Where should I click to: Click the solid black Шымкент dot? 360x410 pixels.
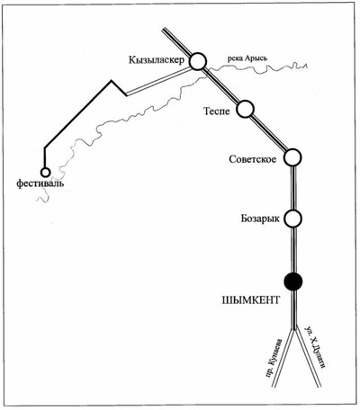(x=293, y=281)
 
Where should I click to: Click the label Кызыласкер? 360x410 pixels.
(x=157, y=60)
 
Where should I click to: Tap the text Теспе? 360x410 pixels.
(x=217, y=111)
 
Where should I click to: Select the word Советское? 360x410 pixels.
(x=253, y=159)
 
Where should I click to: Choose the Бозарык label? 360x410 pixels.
(x=260, y=218)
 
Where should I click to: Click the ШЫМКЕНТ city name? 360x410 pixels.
(x=251, y=300)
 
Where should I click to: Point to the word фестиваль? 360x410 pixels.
(x=40, y=183)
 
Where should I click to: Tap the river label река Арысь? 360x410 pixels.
(x=247, y=58)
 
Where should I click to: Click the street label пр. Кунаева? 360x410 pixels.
(x=275, y=358)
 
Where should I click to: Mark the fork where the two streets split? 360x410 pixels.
(x=293, y=329)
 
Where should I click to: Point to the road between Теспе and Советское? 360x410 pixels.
(x=269, y=134)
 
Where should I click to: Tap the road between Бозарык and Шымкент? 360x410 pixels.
(x=293, y=250)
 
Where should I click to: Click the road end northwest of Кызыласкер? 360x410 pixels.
(x=164, y=30)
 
